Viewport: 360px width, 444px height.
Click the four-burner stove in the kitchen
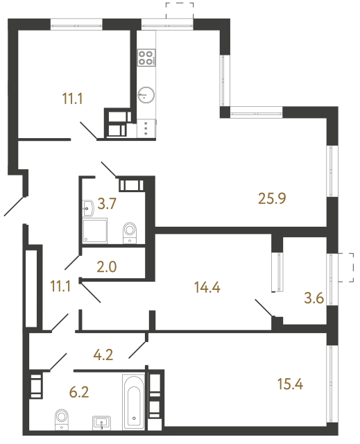point(147,58)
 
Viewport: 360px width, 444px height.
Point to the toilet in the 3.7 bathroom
point(129,232)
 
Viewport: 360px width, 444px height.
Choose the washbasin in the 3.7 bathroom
point(89,207)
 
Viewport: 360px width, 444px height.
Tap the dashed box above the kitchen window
point(179,10)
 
